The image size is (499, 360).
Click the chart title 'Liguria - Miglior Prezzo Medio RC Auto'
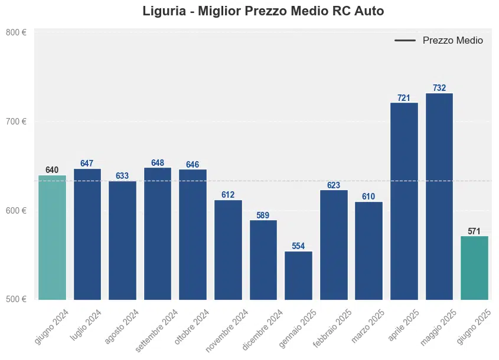point(263,11)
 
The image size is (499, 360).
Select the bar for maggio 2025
point(439,196)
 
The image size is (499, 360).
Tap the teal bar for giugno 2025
point(474,267)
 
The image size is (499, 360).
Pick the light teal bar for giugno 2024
point(52,237)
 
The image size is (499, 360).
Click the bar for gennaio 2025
point(298,275)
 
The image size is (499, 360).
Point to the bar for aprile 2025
point(404,201)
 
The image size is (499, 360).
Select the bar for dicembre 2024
point(263,260)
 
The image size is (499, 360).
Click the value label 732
point(439,88)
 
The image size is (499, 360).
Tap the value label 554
point(298,246)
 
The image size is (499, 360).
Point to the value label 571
point(474,231)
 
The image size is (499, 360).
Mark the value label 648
point(158,163)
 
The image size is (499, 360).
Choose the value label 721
point(404,98)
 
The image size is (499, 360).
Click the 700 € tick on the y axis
point(16,122)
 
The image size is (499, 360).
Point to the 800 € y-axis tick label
point(16,33)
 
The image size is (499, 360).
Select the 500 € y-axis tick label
point(16,299)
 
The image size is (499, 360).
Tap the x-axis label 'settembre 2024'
point(157,330)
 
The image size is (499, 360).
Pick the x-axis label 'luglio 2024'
point(86,326)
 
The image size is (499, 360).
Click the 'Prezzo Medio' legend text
point(453,41)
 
